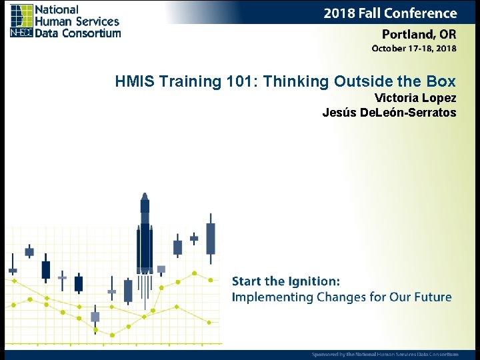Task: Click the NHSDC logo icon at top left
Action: tap(21, 21)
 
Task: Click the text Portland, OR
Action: tap(419, 35)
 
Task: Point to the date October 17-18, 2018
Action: tap(413, 49)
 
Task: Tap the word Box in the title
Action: tap(441, 82)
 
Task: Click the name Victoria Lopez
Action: tap(415, 99)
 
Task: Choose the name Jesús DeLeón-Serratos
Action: tap(389, 113)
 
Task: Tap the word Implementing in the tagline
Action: tap(271, 298)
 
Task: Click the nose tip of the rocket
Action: tap(145, 195)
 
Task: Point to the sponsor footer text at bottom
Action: tap(385, 354)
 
